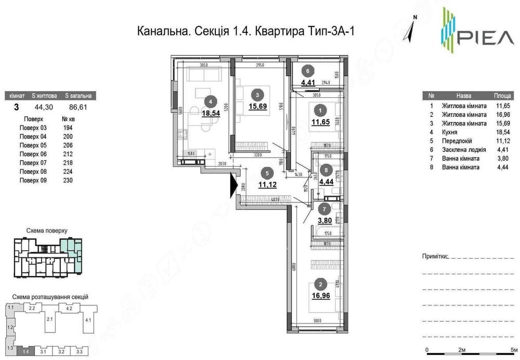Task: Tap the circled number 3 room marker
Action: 256,95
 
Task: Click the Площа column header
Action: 501,96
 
